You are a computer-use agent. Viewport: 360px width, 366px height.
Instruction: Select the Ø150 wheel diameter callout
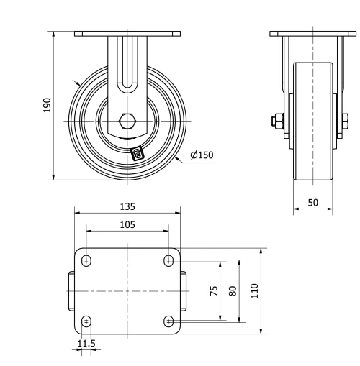[202, 155]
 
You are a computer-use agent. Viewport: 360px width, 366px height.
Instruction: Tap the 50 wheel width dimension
[313, 203]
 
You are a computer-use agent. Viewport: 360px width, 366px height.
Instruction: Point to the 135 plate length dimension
[127, 206]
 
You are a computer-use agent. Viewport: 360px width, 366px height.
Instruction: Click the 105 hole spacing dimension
[127, 224]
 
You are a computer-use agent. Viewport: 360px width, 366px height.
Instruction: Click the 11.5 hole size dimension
[86, 344]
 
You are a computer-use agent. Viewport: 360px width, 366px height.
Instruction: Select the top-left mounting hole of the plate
[86, 260]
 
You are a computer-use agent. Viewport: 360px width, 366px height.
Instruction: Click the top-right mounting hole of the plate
[169, 260]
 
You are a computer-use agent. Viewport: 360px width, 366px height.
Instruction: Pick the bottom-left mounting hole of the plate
[86, 321]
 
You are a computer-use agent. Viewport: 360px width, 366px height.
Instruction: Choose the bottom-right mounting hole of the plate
[169, 321]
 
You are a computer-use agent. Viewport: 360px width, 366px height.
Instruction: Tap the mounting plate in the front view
[127, 33]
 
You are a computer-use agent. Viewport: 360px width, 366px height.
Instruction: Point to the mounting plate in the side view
[313, 33]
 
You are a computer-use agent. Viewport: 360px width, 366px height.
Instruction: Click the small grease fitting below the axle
[138, 152]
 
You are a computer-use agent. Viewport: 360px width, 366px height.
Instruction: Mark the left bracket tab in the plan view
[71, 290]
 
